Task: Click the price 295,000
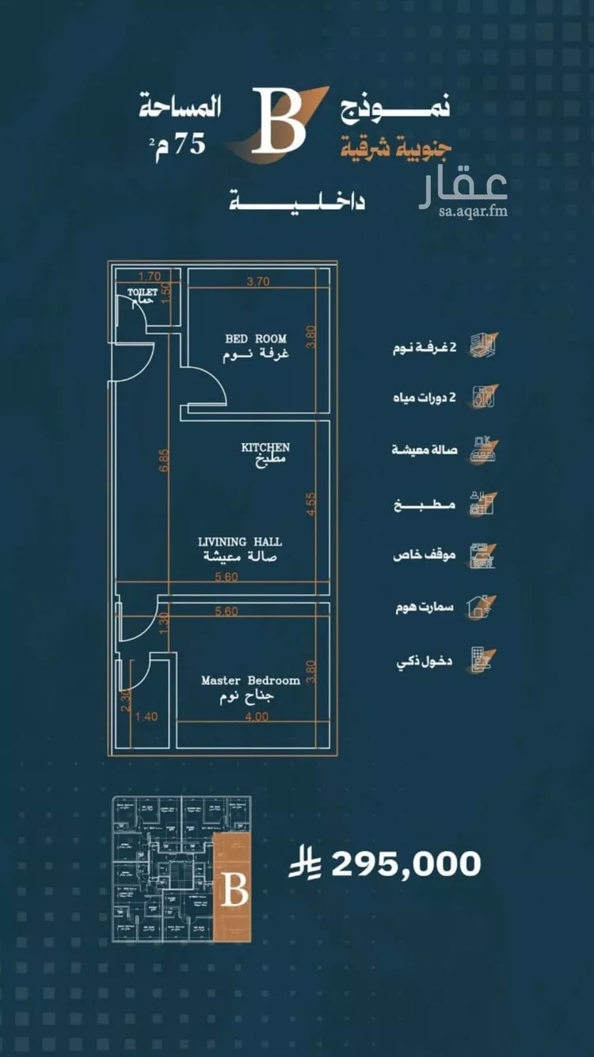[406, 864]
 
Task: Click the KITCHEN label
[265, 448]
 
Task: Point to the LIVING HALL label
[239, 542]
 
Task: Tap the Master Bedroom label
[250, 680]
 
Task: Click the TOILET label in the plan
[143, 292]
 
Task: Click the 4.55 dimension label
[312, 504]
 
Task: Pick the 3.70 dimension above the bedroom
[258, 281]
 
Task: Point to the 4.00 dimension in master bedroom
[257, 716]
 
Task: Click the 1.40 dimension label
[147, 717]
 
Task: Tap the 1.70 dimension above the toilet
[149, 277]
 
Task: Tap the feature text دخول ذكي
[423, 661]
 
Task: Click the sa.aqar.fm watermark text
[474, 212]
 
